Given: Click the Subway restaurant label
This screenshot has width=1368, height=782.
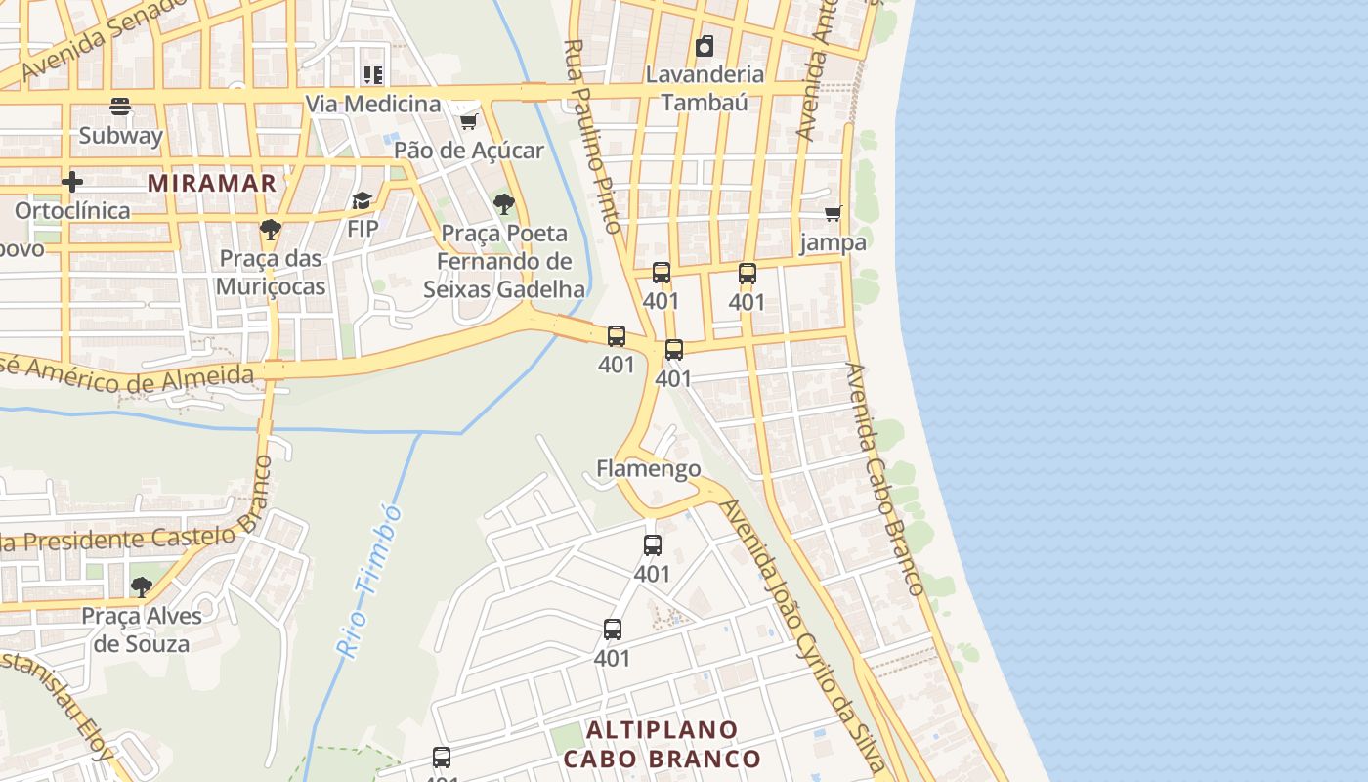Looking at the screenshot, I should [120, 135].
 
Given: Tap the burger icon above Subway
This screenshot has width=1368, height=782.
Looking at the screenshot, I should [120, 106].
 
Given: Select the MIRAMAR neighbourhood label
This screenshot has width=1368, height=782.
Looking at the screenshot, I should [212, 183].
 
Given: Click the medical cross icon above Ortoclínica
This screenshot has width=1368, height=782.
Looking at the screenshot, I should [71, 182].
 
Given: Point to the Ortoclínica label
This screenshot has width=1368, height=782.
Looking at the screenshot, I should [71, 210].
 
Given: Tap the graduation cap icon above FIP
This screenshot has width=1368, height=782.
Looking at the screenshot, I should [363, 200].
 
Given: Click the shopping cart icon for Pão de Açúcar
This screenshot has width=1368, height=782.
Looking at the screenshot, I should [469, 121].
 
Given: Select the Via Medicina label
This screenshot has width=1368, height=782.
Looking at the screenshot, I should [373, 104].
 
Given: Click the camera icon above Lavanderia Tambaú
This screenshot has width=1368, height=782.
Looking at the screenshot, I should [704, 46].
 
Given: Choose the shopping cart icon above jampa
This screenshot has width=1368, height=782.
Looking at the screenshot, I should [834, 213].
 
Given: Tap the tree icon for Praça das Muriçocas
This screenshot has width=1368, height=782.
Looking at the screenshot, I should [270, 231].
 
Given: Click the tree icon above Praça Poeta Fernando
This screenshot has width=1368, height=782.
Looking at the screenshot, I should [504, 204].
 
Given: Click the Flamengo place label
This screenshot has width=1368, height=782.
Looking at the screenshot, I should [649, 468].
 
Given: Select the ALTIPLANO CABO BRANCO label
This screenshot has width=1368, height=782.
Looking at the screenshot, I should [663, 744].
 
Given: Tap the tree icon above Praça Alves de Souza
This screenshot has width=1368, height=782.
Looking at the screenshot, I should [142, 587].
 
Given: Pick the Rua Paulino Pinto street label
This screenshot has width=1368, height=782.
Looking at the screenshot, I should [593, 136].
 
